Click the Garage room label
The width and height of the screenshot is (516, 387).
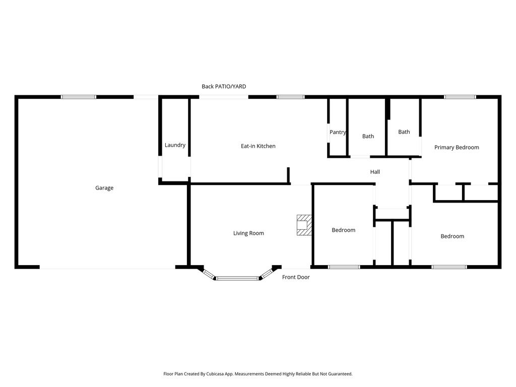pos(104,188)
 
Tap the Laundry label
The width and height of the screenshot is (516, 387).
pos(175,145)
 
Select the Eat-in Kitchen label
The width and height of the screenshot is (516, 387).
pos(258,146)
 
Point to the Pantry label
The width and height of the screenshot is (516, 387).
pos(338,133)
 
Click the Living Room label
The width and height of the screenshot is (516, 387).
pos(248,233)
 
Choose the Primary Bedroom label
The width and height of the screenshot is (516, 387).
pos(457,148)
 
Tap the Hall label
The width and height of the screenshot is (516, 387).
pos(375,172)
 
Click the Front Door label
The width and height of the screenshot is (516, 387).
pos(296,277)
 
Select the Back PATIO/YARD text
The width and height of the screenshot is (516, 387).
pos(224,87)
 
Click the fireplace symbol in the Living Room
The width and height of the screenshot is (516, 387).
pos(304,225)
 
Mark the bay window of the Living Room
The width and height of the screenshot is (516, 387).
pos(237,277)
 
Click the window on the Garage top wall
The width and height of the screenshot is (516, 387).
pos(79,97)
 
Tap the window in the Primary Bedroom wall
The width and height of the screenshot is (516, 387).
pos(460,97)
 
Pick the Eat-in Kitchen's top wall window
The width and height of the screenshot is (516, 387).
pos(290,97)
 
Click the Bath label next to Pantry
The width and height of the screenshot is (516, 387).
pos(368,136)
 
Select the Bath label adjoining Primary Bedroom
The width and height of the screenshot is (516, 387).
pos(404,132)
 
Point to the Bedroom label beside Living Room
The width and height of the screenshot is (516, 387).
pos(343,230)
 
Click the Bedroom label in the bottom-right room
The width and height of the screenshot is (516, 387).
pos(452,236)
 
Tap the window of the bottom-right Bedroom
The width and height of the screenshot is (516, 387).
pos(449,267)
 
